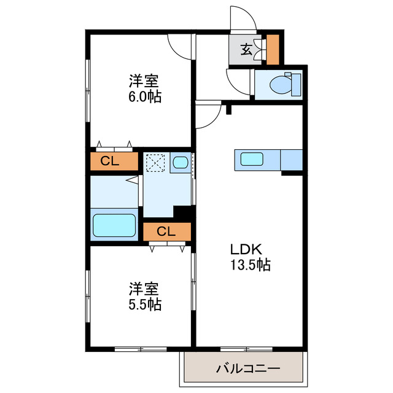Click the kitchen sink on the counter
(252, 159)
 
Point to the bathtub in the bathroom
(114, 226)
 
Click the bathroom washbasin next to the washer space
(181, 163)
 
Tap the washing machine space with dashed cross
(156, 163)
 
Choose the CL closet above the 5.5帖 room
(166, 231)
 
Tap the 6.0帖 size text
(145, 97)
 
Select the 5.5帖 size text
(145, 305)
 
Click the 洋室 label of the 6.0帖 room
(145, 80)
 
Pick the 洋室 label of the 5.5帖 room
(145, 288)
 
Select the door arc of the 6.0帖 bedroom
(178, 48)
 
